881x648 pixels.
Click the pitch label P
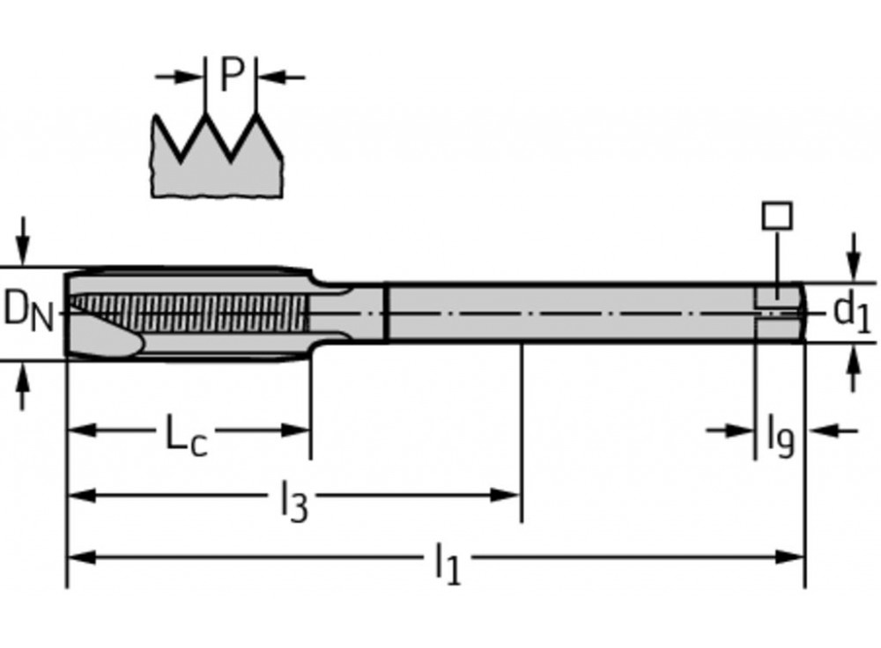pos(232,75)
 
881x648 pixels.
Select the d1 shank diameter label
pos(852,313)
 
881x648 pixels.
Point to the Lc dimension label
pos(187,434)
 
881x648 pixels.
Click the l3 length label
pos(294,502)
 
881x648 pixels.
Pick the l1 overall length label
pos(448,563)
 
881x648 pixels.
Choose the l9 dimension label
pos(781,437)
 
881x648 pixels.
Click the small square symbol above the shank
pos(778,216)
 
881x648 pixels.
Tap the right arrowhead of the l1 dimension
pos(789,557)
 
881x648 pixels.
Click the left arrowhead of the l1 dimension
pos(82,557)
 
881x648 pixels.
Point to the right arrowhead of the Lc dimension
pos(295,431)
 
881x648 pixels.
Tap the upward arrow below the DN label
pos(23,387)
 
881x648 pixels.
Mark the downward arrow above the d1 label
pos(854,256)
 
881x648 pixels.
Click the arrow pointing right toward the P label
pos(179,77)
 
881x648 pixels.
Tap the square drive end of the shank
pos(779,313)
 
